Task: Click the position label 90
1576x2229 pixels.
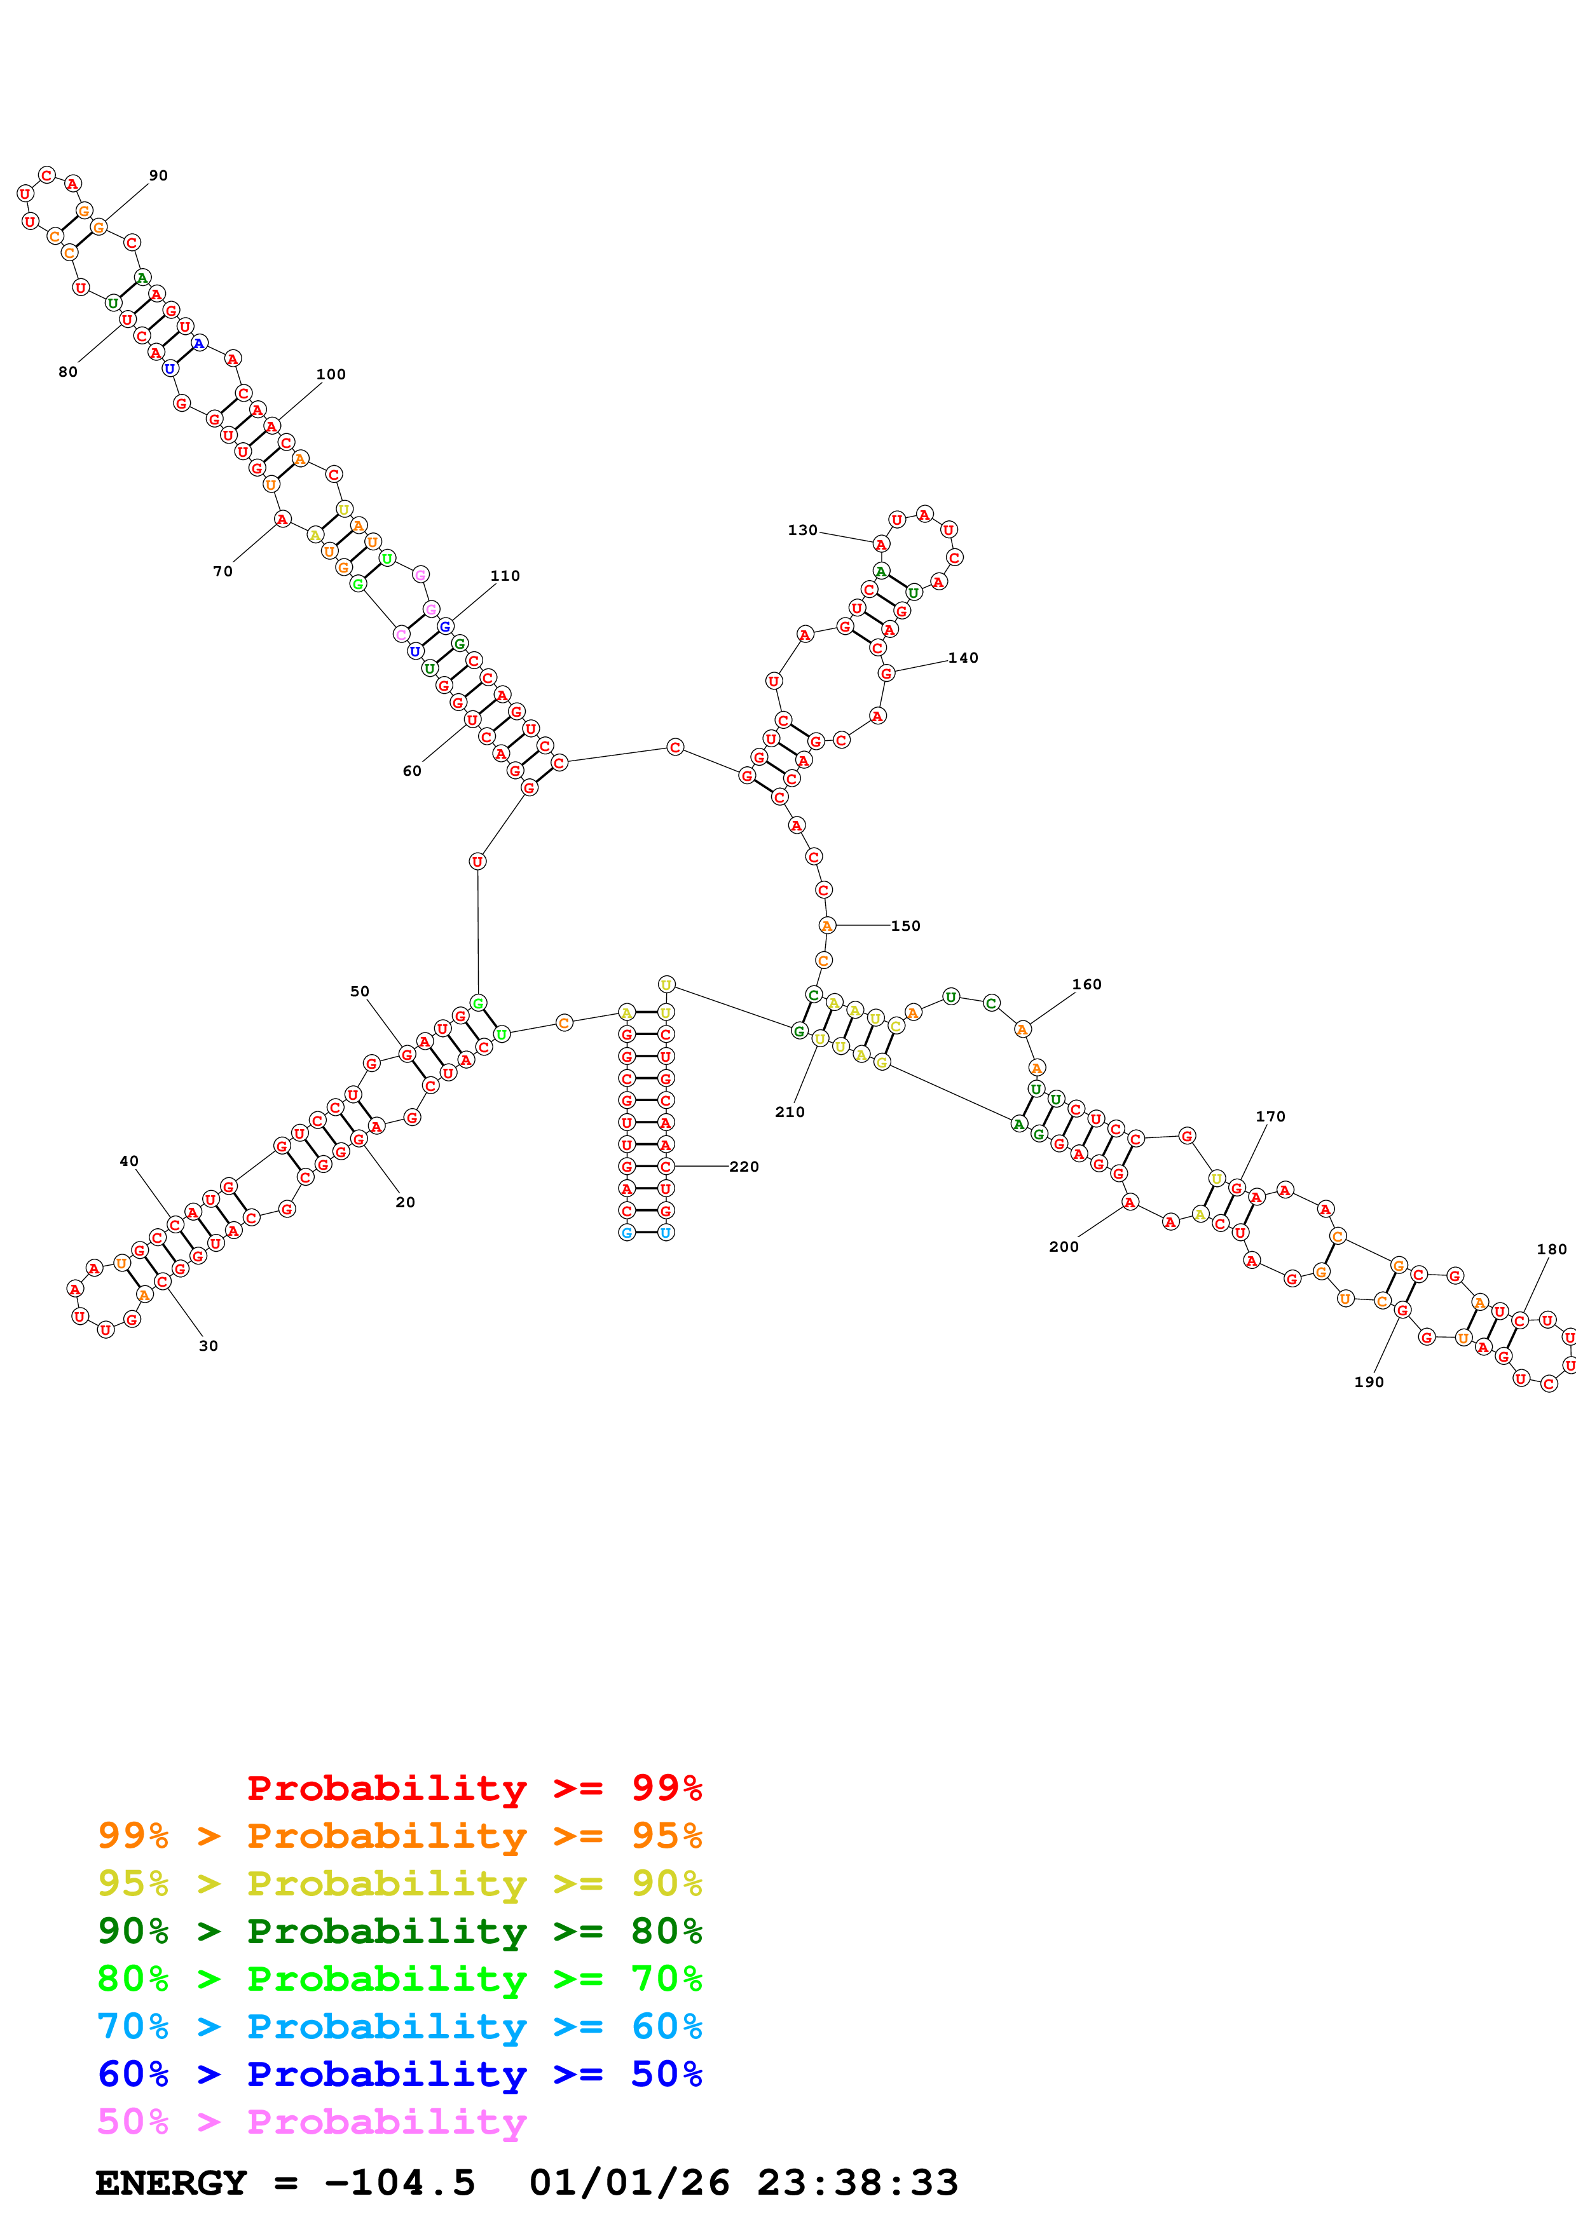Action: pos(158,176)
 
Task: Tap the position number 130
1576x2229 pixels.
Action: pos(802,530)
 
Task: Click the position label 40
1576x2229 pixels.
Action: pos(129,1161)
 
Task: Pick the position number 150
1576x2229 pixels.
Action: pos(905,926)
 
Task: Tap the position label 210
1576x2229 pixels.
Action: pos(790,1113)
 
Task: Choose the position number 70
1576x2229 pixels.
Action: pos(223,572)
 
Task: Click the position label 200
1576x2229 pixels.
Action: pos(1064,1247)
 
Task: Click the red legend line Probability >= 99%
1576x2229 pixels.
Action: pos(474,1787)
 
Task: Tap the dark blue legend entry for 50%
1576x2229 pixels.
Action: pos(399,2074)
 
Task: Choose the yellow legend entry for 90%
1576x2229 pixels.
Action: pos(399,1883)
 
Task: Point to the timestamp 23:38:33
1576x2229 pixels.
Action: pos(858,2183)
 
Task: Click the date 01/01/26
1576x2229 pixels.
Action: pos(629,2183)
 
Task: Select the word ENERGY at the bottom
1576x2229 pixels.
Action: pos(171,2183)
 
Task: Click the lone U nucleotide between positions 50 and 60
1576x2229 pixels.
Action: pos(477,861)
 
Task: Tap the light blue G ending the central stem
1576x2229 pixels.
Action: pos(627,1233)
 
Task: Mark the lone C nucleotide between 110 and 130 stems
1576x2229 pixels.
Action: pos(675,747)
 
